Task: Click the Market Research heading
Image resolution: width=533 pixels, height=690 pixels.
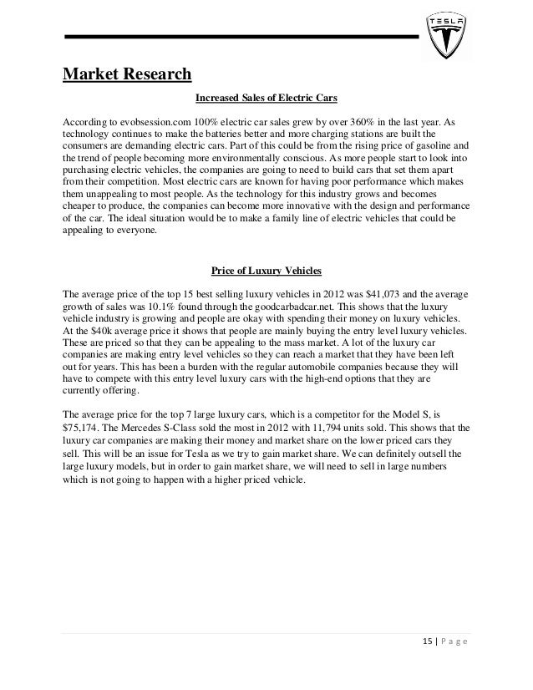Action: pos(127,75)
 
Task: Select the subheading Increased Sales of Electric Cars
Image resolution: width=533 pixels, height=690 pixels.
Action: pos(266,99)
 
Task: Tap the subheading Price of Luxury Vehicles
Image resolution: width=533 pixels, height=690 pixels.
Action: pos(266,271)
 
